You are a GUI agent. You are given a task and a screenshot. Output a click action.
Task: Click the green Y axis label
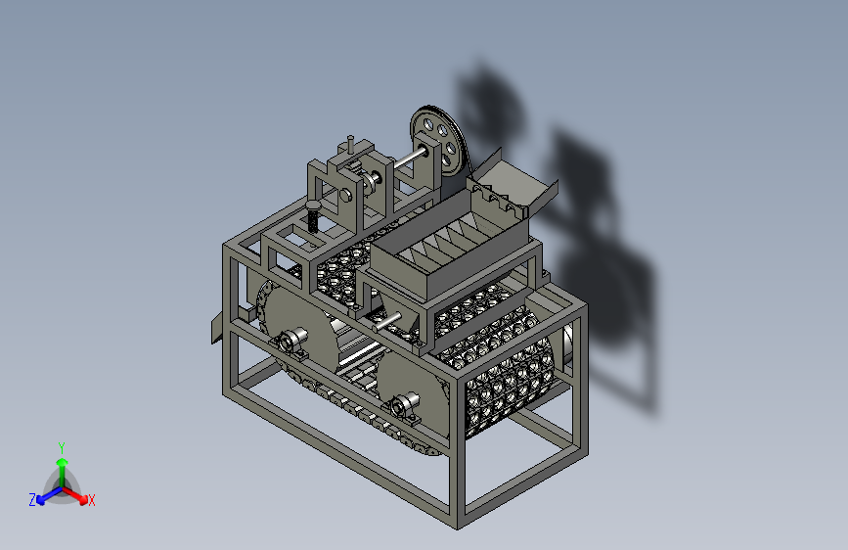[61, 447]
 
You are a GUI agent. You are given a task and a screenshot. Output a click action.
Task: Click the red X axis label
[91, 500]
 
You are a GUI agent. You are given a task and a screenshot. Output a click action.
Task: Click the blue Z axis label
[32, 500]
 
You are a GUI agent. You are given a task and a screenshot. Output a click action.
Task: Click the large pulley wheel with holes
[440, 141]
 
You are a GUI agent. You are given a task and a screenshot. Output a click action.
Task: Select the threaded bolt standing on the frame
[314, 216]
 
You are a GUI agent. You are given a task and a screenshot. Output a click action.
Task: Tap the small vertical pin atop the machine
[350, 144]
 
